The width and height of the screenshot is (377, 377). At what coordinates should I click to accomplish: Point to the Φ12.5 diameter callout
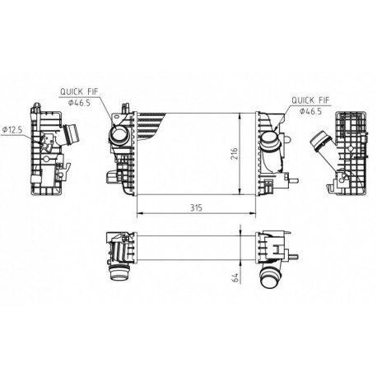(14, 128)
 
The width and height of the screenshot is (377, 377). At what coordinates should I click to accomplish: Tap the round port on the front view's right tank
(269, 145)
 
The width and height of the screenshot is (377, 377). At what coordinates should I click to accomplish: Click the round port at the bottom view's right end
(270, 276)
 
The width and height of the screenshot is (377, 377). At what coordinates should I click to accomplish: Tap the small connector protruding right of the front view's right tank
(291, 176)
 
